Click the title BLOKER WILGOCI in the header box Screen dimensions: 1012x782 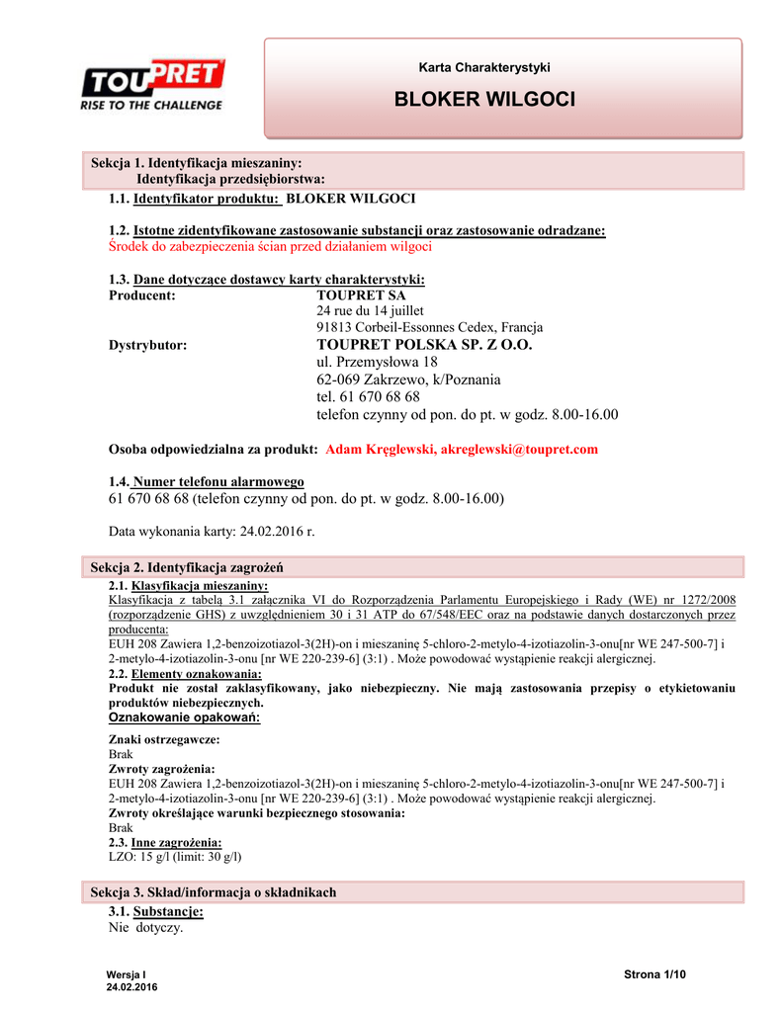pos(483,100)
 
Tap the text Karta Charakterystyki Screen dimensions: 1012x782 pos(483,67)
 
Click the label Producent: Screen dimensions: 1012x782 pos(142,295)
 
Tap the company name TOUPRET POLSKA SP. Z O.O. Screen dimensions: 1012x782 pos(424,345)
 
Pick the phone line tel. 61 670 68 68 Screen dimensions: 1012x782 pos(368,396)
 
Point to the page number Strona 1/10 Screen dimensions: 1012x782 pos(654,975)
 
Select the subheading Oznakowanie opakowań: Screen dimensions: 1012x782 pos(184,717)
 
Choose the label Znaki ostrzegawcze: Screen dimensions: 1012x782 pos(163,739)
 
